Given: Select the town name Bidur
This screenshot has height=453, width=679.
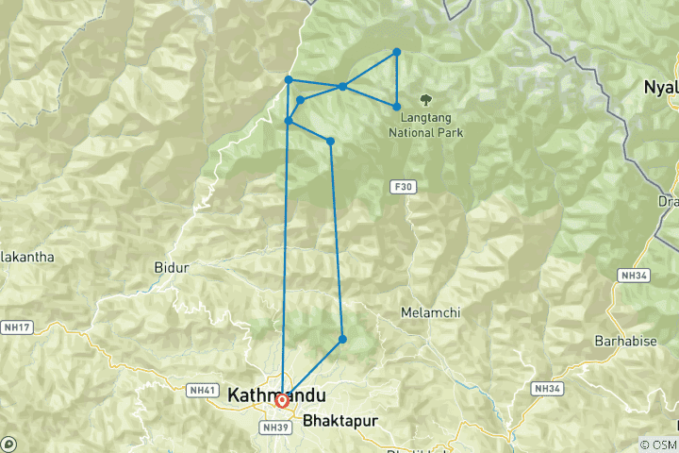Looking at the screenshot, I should click(x=171, y=268).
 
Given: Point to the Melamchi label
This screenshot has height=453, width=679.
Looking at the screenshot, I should click(x=429, y=312).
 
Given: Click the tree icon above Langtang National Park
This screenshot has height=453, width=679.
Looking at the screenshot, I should click(x=426, y=97).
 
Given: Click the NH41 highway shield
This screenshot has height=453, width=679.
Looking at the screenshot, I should click(x=203, y=390).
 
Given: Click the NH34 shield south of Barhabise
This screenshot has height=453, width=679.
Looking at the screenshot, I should click(x=546, y=388).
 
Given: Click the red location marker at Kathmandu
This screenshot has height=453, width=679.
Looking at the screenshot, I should click(x=281, y=401).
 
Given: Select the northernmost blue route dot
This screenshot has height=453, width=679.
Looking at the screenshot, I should click(x=397, y=52).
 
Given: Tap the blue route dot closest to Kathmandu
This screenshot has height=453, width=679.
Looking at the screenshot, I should click(x=342, y=339).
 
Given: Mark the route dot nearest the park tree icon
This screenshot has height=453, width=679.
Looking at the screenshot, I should click(x=397, y=107).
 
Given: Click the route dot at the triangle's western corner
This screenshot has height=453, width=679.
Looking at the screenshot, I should click(x=342, y=87).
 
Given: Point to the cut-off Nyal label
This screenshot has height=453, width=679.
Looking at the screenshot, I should click(x=661, y=87).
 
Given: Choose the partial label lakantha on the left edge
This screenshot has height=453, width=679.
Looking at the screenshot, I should click(x=27, y=257).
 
